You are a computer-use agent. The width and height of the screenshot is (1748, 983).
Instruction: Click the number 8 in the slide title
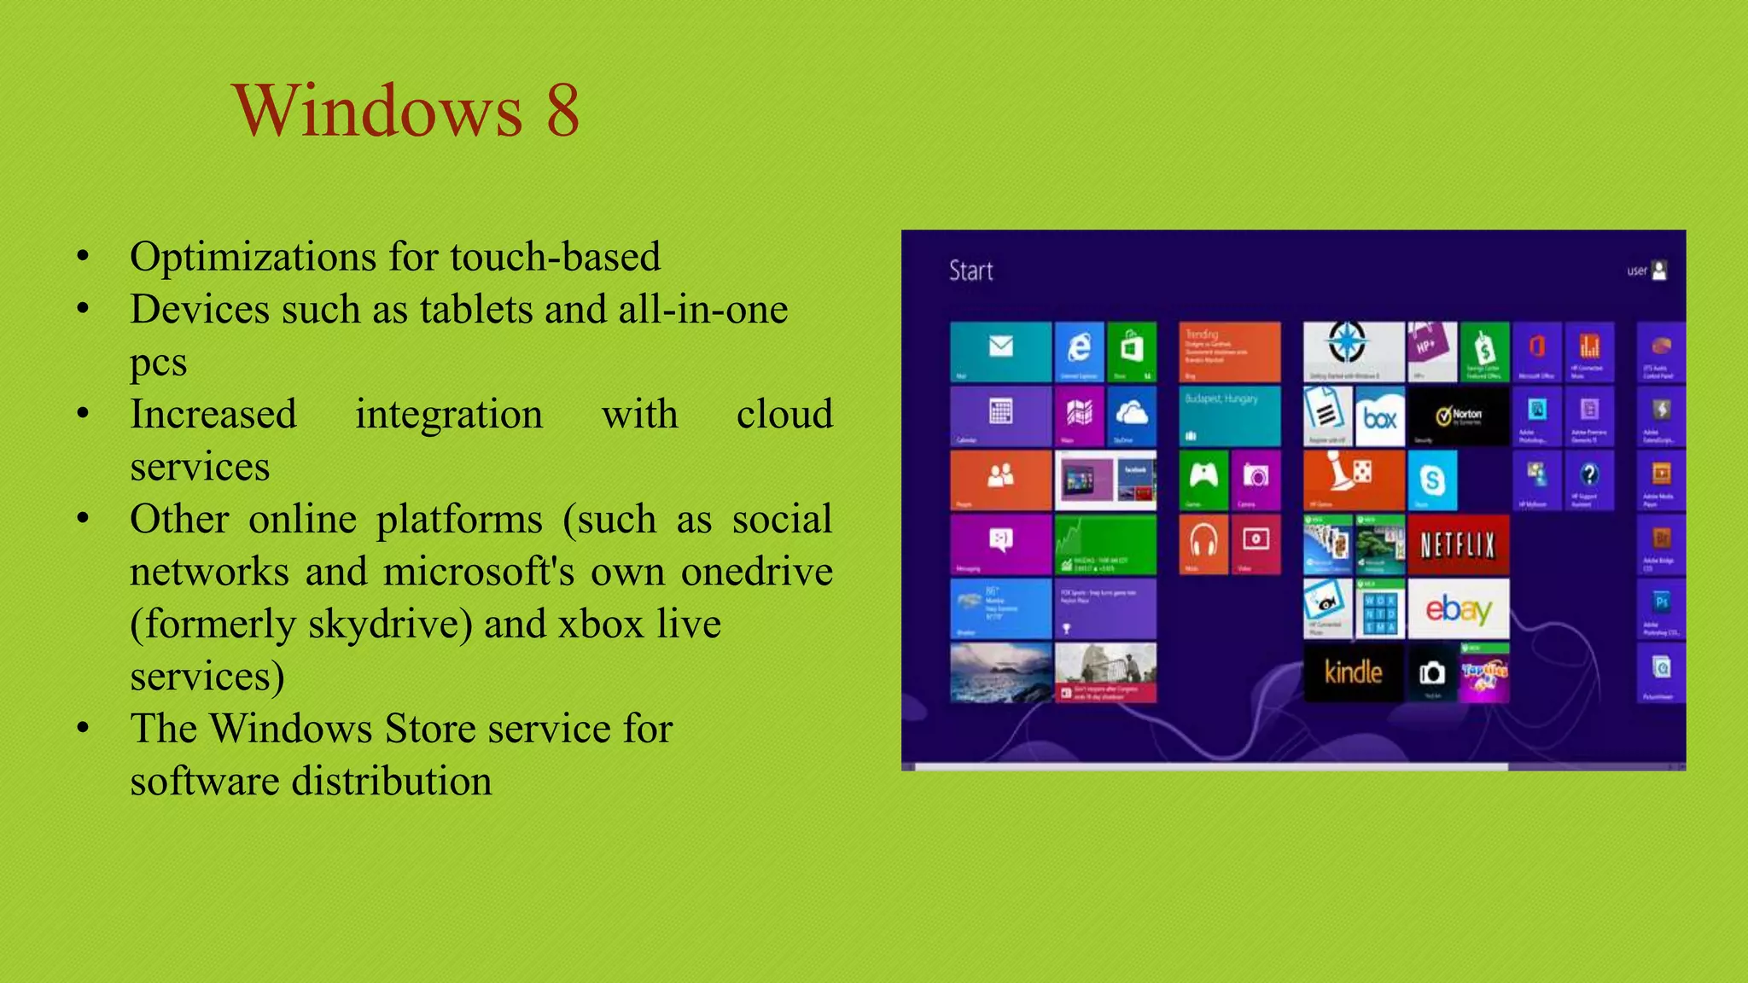tap(562, 111)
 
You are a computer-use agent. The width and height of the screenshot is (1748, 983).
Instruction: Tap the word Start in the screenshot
tap(970, 271)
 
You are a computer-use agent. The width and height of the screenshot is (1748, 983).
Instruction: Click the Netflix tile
tap(1458, 544)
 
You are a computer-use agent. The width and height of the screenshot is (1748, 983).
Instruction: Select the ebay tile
tap(1458, 608)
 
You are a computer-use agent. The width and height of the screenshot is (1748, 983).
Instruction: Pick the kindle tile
tap(1353, 672)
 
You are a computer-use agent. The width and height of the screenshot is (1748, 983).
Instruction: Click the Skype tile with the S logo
tap(1431, 480)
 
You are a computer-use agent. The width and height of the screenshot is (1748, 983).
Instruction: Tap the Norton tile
tap(1458, 416)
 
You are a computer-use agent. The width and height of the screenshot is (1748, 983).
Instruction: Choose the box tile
tap(1379, 416)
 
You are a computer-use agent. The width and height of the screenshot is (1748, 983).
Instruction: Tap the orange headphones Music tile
tap(1203, 544)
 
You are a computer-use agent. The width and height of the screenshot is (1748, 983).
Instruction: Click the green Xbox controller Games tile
tap(1203, 480)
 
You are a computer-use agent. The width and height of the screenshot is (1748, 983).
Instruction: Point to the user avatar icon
tap(1659, 270)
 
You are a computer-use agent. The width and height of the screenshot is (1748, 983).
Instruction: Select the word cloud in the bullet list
tap(784, 415)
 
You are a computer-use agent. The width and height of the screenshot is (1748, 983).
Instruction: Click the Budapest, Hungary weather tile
tap(1229, 416)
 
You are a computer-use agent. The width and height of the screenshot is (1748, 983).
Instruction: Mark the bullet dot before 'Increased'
tap(83, 414)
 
